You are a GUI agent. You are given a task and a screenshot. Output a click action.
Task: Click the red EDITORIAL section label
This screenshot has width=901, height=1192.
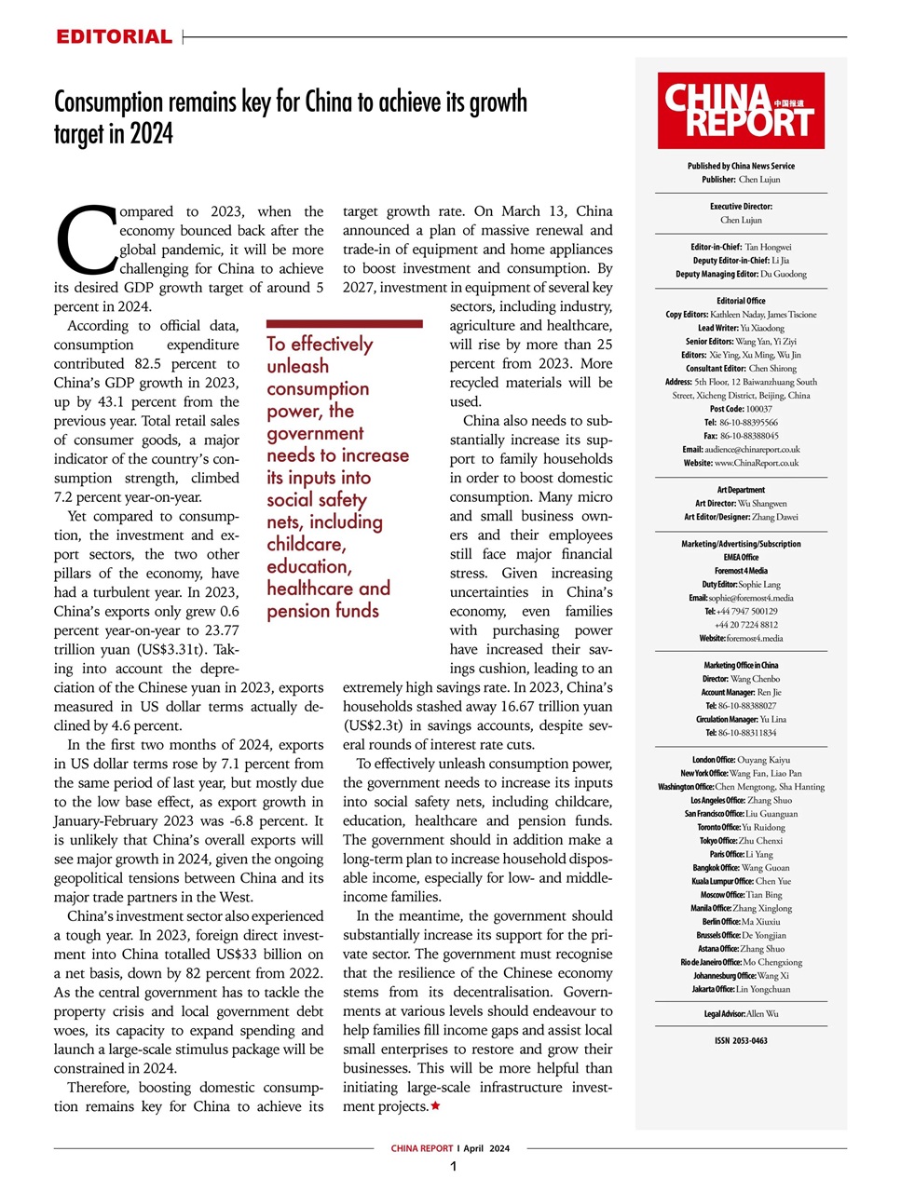click(114, 37)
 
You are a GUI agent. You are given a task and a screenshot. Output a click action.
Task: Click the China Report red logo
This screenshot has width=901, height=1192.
click(741, 111)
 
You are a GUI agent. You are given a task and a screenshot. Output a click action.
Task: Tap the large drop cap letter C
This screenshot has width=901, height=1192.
click(85, 239)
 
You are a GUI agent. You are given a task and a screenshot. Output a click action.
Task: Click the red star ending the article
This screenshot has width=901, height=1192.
click(435, 1106)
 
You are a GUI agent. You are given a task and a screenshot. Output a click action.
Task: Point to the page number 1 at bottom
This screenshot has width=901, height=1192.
click(453, 1167)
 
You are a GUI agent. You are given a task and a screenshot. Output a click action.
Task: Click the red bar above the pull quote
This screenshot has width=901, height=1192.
click(344, 323)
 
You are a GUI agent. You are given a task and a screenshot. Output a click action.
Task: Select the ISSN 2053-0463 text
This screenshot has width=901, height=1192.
click(741, 1040)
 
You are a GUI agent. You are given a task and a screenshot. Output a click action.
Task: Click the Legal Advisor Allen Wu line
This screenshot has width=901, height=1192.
click(741, 1013)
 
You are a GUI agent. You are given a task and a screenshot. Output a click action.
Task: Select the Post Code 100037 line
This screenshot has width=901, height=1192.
click(741, 408)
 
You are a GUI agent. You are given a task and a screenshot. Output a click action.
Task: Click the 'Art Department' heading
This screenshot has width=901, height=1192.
click(741, 490)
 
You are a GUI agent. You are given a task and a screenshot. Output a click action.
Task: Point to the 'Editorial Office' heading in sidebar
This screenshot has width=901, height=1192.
click(741, 301)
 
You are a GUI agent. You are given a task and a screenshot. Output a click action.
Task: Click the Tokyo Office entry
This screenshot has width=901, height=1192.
click(741, 840)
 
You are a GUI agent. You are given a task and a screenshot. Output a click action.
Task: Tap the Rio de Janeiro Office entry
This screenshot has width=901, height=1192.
click(741, 962)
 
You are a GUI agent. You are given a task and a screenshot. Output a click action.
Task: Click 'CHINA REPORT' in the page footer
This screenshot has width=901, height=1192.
click(421, 1148)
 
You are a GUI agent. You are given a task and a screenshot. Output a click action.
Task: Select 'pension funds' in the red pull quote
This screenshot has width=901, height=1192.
click(322, 611)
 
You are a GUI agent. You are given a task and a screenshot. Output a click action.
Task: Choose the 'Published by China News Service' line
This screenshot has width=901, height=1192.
click(741, 166)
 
